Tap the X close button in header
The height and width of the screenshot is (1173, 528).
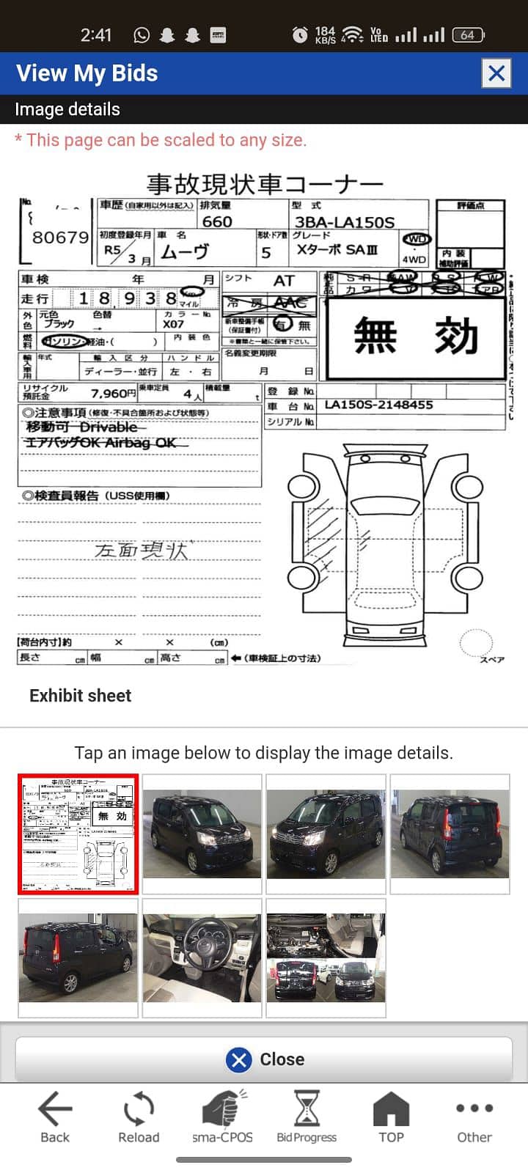click(496, 73)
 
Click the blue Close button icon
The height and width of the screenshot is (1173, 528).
click(239, 1059)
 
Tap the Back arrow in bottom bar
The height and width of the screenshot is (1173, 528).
click(55, 1109)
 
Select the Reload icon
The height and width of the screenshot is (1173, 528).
click(139, 1109)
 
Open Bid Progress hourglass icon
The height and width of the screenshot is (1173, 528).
click(307, 1108)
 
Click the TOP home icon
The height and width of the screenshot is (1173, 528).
click(391, 1108)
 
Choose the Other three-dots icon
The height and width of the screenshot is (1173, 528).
click(474, 1108)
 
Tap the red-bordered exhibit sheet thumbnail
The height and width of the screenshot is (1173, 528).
click(78, 834)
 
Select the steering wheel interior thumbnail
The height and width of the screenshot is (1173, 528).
click(202, 957)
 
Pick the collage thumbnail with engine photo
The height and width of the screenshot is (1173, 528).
click(326, 957)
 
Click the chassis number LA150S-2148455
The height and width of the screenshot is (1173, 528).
click(378, 405)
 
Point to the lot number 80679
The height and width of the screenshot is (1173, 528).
click(60, 237)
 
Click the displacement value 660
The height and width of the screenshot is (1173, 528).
click(217, 221)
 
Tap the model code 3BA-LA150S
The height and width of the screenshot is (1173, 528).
click(344, 221)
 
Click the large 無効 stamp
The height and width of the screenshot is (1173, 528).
click(416, 337)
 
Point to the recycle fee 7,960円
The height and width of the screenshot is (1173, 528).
click(113, 394)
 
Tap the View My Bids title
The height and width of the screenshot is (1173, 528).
click(87, 73)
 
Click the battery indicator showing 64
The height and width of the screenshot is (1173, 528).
click(468, 34)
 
